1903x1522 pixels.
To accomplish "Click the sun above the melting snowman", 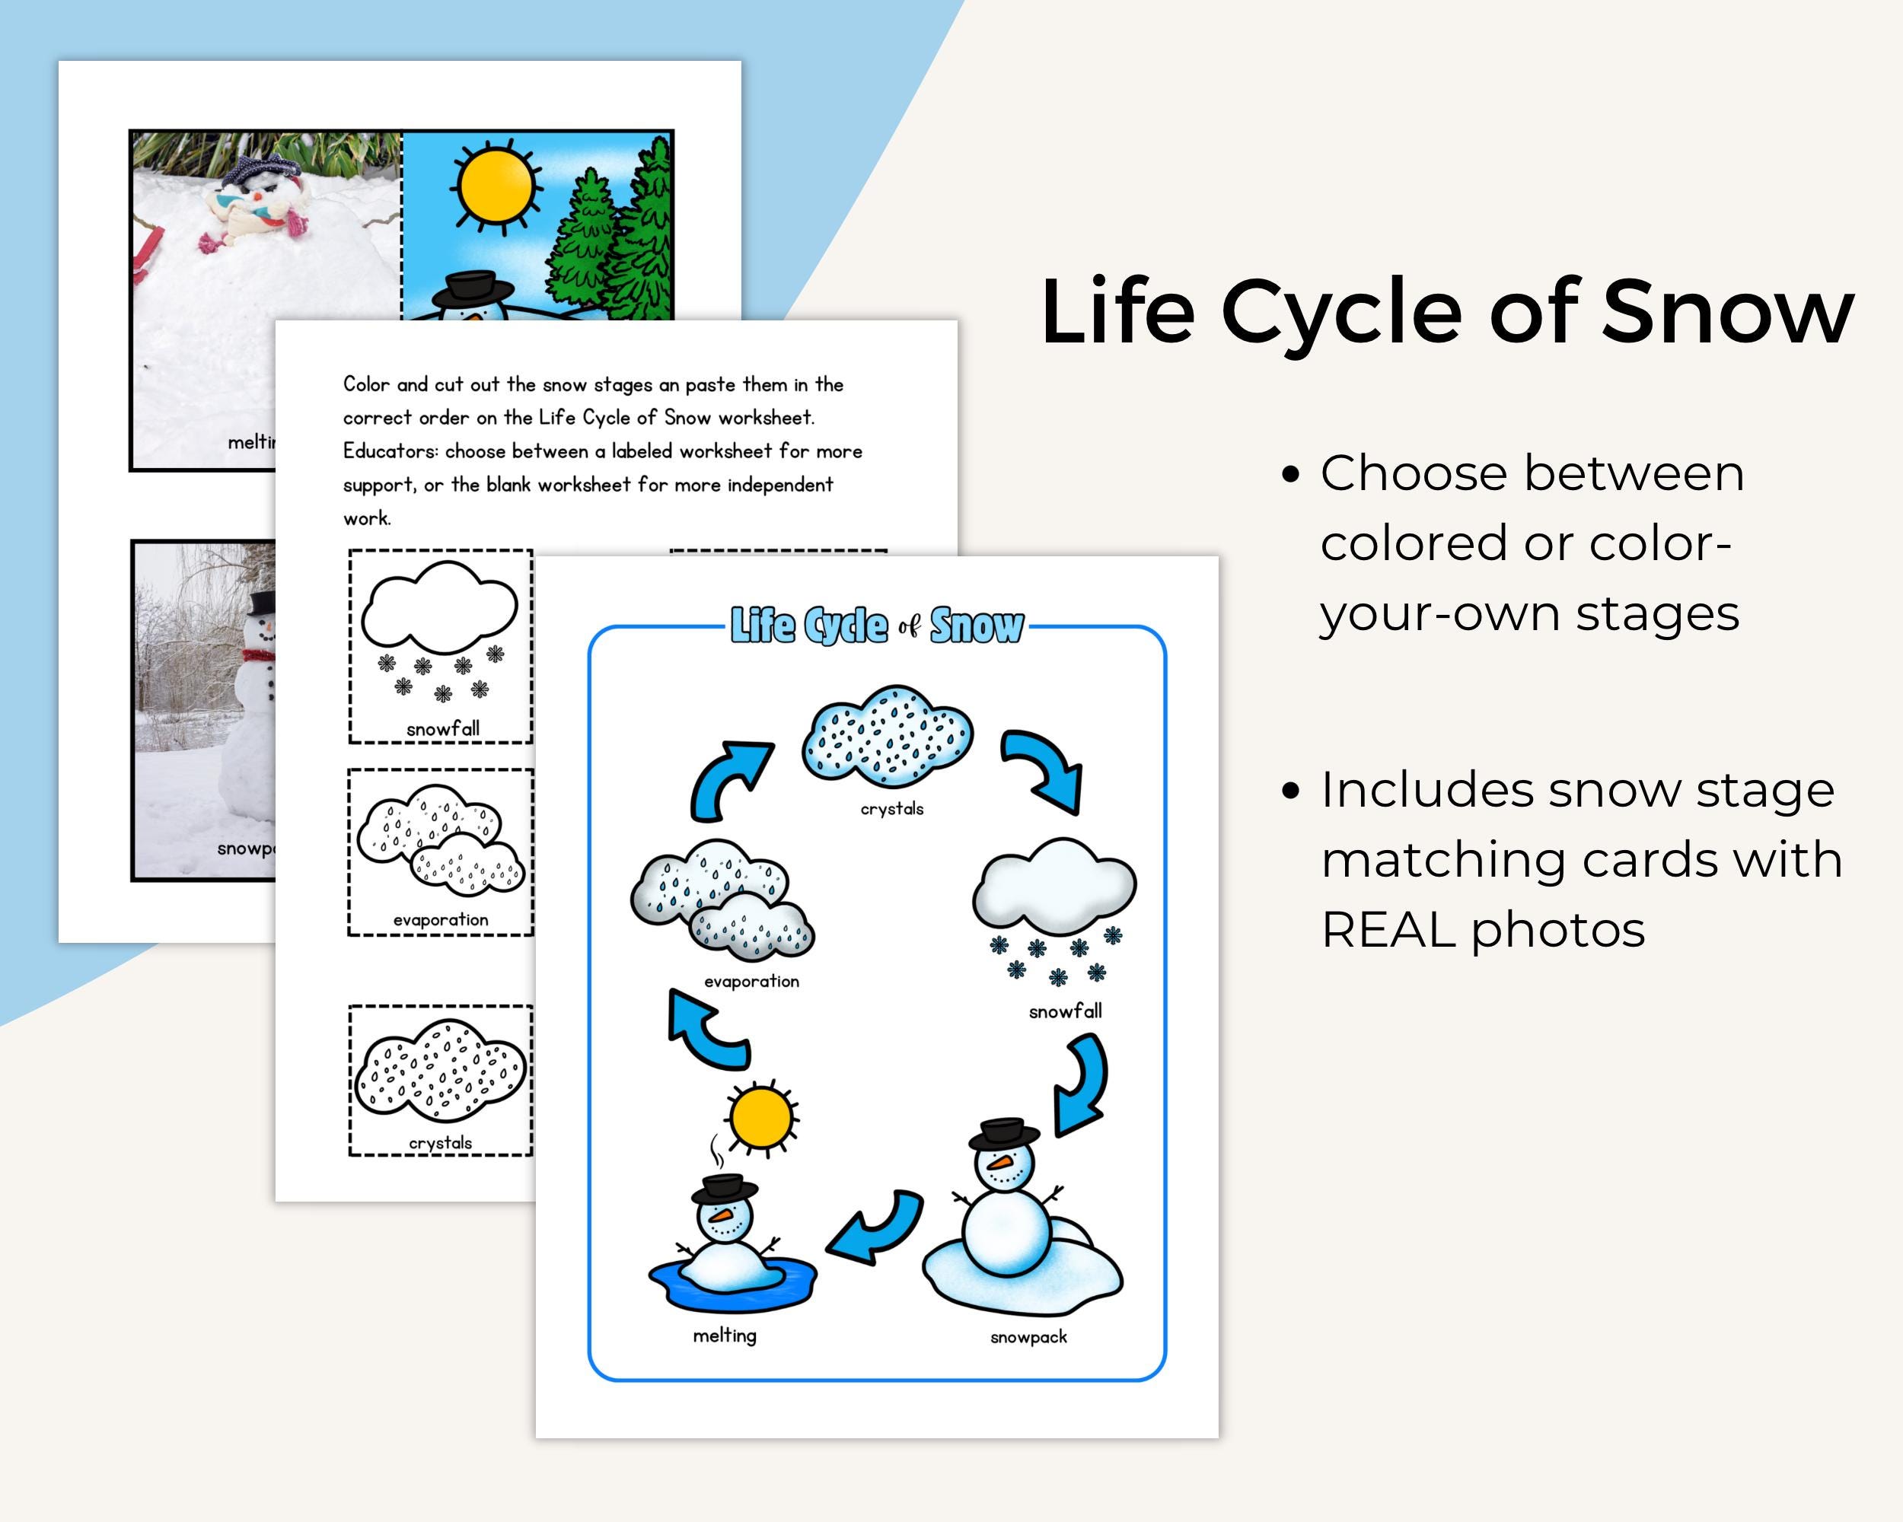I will (x=761, y=1118).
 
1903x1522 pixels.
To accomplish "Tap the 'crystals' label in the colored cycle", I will (x=891, y=808).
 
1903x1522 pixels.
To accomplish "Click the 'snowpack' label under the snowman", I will (x=1028, y=1338).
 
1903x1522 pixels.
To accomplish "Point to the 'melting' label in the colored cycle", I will (x=725, y=1336).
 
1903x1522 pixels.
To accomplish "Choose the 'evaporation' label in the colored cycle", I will (x=751, y=981).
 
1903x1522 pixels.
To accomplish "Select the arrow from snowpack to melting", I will (x=876, y=1227).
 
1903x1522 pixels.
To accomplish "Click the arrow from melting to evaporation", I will (x=706, y=1030).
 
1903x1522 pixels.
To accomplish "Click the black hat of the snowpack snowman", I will (x=1003, y=1133).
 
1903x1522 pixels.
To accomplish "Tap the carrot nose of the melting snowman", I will (x=723, y=1216).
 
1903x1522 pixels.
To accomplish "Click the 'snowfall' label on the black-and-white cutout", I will (x=443, y=729).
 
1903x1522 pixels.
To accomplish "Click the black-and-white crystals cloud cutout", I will (x=441, y=1074).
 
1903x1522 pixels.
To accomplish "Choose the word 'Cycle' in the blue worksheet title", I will (x=846, y=626).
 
